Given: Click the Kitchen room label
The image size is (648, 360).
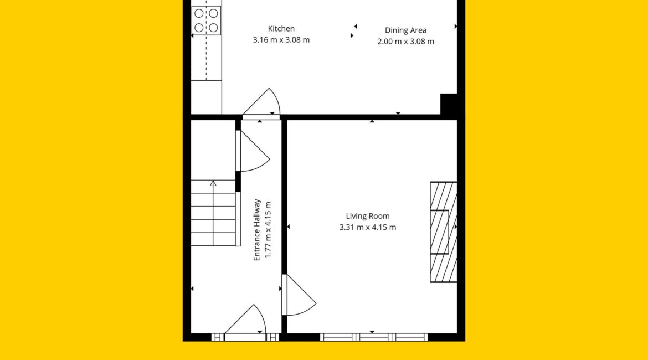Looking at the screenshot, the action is [x=281, y=28].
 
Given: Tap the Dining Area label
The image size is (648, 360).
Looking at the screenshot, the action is [x=405, y=30].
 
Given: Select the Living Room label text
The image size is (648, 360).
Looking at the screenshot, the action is [x=367, y=216].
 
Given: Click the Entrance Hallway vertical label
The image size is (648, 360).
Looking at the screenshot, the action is [x=256, y=230].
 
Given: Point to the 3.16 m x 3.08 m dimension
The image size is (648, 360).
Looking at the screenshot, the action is [x=281, y=40].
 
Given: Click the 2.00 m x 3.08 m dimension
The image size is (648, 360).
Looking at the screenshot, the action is [x=405, y=42].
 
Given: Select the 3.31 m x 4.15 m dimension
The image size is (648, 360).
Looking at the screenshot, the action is [x=367, y=227].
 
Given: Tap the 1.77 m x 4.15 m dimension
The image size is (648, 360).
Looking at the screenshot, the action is [x=268, y=230].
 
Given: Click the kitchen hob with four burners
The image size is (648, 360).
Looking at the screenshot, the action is [x=206, y=20].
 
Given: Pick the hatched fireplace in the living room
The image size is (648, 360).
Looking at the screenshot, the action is [x=444, y=232].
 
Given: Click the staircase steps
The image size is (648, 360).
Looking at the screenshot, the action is [x=213, y=213].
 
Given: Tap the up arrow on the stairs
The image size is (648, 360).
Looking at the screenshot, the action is [x=213, y=183].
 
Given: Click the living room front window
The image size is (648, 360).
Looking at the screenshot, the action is [x=374, y=337].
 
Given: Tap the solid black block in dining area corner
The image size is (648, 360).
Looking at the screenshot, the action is [x=449, y=105].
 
